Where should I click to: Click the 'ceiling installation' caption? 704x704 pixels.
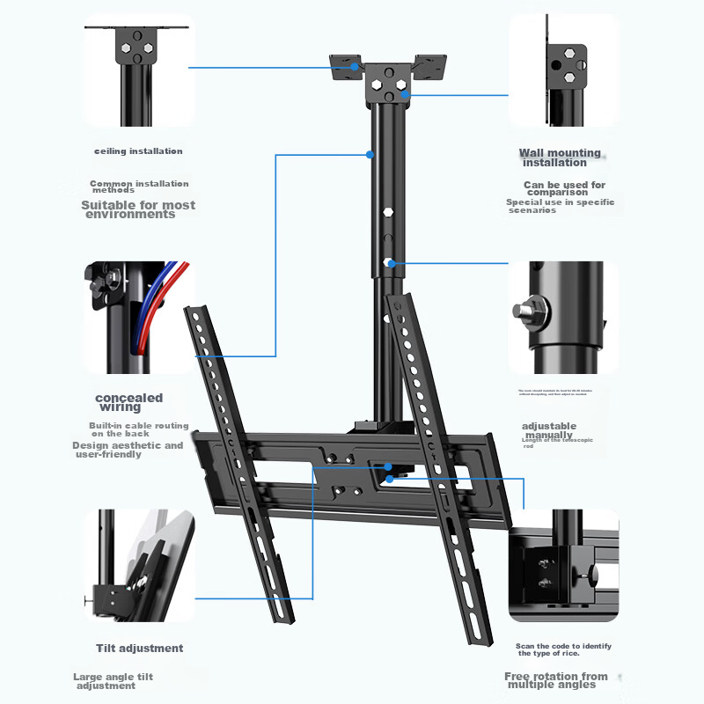point(138,151)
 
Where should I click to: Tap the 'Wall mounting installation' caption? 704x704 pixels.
point(559,158)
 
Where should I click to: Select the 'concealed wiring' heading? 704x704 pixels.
point(128,402)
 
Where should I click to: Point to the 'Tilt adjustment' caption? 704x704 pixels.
point(139,649)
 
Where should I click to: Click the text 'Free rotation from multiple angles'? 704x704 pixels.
point(555,680)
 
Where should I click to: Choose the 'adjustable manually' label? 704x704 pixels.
point(549,430)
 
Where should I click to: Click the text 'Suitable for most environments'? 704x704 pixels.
point(138,209)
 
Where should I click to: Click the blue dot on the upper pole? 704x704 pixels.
point(370,155)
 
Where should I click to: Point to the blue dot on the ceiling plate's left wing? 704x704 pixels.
point(356,67)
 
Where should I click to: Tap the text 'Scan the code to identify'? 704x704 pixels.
point(563,646)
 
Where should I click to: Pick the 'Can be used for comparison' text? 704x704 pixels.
point(564,188)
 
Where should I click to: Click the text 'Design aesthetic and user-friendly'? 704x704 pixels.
point(128,450)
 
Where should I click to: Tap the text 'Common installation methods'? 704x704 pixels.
point(139,187)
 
